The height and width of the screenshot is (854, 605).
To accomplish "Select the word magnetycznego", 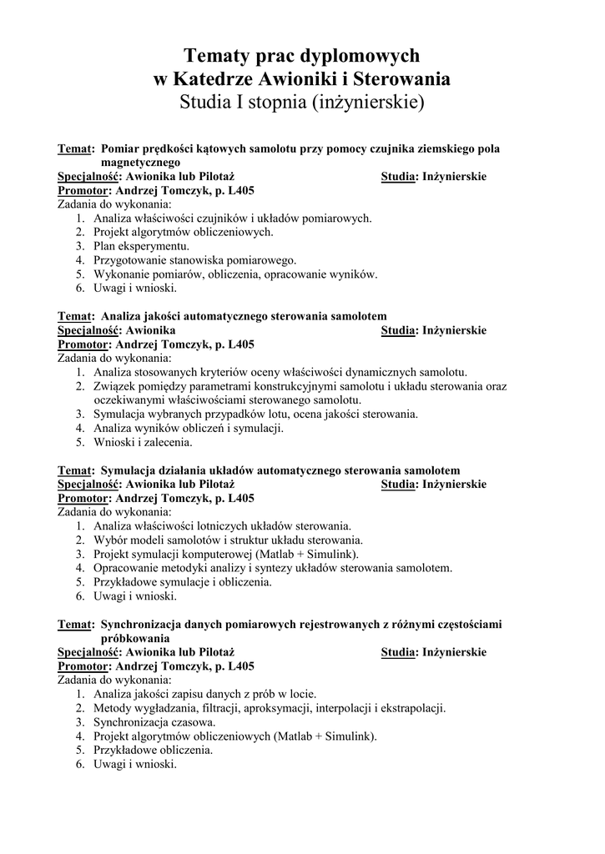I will [140, 163].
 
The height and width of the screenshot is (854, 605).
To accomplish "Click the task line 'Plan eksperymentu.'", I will [141, 246].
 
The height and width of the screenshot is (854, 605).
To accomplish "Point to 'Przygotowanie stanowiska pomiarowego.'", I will [194, 260].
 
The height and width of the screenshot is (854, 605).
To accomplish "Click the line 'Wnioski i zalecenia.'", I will [143, 442].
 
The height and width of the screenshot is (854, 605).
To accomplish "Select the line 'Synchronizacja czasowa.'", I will [154, 722].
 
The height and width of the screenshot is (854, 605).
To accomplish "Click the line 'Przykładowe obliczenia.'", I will [153, 750].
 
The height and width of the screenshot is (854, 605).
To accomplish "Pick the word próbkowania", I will [135, 638].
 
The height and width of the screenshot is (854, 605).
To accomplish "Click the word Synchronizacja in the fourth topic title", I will [143, 624].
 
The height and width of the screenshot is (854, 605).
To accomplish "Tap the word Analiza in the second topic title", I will [122, 316].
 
